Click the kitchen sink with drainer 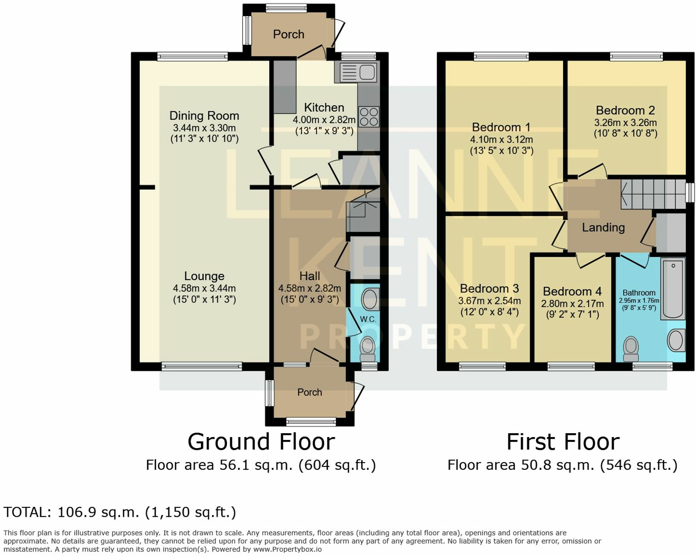(358, 72)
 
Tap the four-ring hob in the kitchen (369, 117)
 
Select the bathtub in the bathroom (673, 289)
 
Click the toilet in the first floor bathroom (631, 349)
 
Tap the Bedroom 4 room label (572, 292)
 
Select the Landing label (603, 228)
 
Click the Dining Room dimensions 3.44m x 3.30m (204, 128)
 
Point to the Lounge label (204, 276)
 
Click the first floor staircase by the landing (652, 194)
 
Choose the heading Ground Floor (261, 442)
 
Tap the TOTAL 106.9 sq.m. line (120, 512)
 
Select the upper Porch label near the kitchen (289, 35)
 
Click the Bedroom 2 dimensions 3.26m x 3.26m (625, 123)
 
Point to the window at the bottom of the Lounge (202, 366)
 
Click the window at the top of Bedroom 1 (501, 56)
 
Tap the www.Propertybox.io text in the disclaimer (287, 549)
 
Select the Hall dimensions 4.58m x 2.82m (310, 289)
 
